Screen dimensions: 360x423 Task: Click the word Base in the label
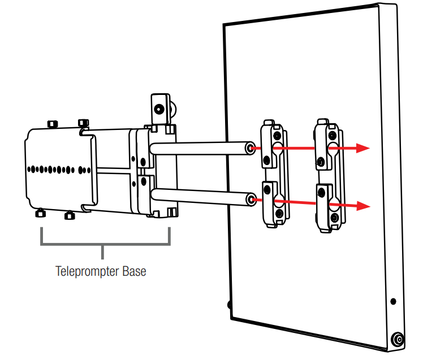[133, 271]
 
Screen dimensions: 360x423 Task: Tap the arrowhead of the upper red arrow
[362, 148]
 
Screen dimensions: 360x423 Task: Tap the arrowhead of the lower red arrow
[362, 206]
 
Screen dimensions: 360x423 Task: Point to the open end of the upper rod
[249, 148]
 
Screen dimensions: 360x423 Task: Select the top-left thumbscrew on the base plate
[53, 124]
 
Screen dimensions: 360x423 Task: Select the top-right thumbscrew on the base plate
[84, 123]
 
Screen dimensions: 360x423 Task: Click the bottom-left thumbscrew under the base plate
[41, 214]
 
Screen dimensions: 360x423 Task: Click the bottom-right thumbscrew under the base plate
[69, 215]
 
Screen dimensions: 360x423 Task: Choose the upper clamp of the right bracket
[326, 143]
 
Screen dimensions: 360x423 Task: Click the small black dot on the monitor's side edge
[393, 301]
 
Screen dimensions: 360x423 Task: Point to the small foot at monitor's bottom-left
[230, 305]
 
